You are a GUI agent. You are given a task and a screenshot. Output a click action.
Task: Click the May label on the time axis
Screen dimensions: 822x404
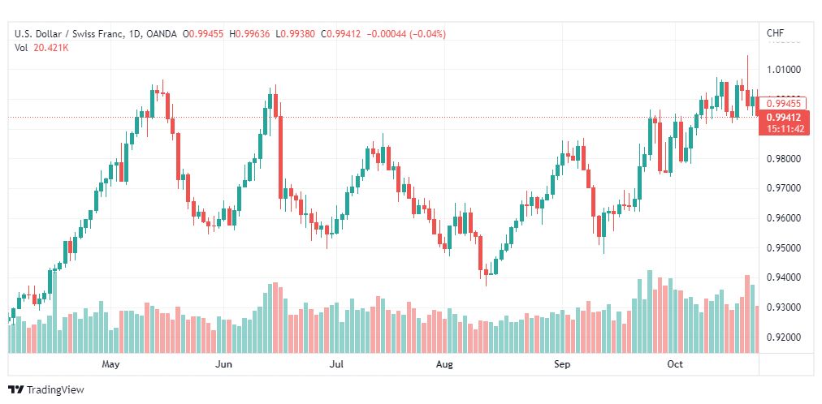[111, 363]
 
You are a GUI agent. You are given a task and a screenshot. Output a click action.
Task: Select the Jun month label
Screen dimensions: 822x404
[224, 363]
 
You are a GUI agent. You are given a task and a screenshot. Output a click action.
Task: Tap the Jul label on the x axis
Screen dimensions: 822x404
[336, 363]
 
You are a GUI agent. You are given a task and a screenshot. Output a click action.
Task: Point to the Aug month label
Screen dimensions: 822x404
[444, 363]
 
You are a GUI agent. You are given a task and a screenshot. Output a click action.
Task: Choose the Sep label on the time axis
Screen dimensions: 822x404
[562, 363]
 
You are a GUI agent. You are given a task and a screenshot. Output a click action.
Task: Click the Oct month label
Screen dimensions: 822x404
[675, 363]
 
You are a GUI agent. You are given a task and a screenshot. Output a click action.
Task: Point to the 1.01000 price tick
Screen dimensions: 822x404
[783, 70]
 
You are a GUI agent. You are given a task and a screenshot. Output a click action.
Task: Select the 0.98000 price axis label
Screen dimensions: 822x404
[783, 159]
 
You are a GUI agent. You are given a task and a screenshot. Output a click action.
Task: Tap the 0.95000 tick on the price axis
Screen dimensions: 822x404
[783, 248]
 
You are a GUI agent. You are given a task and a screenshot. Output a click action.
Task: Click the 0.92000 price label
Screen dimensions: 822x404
[783, 337]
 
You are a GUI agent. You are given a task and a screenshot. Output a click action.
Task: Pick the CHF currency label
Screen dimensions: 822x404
[776, 33]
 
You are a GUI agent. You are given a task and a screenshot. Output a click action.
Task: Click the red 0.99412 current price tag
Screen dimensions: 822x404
[785, 118]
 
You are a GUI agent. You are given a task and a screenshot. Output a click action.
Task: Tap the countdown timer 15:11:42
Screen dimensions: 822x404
[785, 128]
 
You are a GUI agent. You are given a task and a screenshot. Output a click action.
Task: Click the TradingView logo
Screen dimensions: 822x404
[46, 390]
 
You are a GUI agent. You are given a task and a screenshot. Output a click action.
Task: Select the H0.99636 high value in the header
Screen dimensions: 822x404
[249, 34]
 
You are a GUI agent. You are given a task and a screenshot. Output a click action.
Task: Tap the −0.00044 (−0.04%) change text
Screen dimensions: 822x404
[407, 34]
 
